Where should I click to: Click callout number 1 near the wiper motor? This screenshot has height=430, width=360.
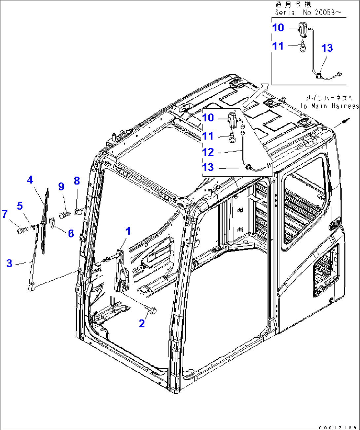(128, 231)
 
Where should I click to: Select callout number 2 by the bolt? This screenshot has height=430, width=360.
(142, 323)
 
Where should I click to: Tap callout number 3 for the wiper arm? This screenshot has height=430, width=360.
(9, 263)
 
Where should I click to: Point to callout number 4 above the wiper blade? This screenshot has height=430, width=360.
(30, 180)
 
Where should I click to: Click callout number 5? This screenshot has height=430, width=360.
(20, 206)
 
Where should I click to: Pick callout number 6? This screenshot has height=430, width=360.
(71, 234)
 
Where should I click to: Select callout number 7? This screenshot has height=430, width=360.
(5, 214)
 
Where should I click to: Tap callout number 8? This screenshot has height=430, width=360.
(77, 181)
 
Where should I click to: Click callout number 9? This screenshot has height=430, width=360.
(61, 187)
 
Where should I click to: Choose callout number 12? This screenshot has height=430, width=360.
(208, 152)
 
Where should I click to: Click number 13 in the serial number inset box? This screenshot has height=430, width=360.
(327, 48)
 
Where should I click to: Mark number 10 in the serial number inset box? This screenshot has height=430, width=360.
(278, 28)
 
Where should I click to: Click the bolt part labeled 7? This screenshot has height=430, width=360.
(23, 230)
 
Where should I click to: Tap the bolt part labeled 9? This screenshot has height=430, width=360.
(64, 215)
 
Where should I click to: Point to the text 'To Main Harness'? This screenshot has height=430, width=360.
(329, 106)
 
